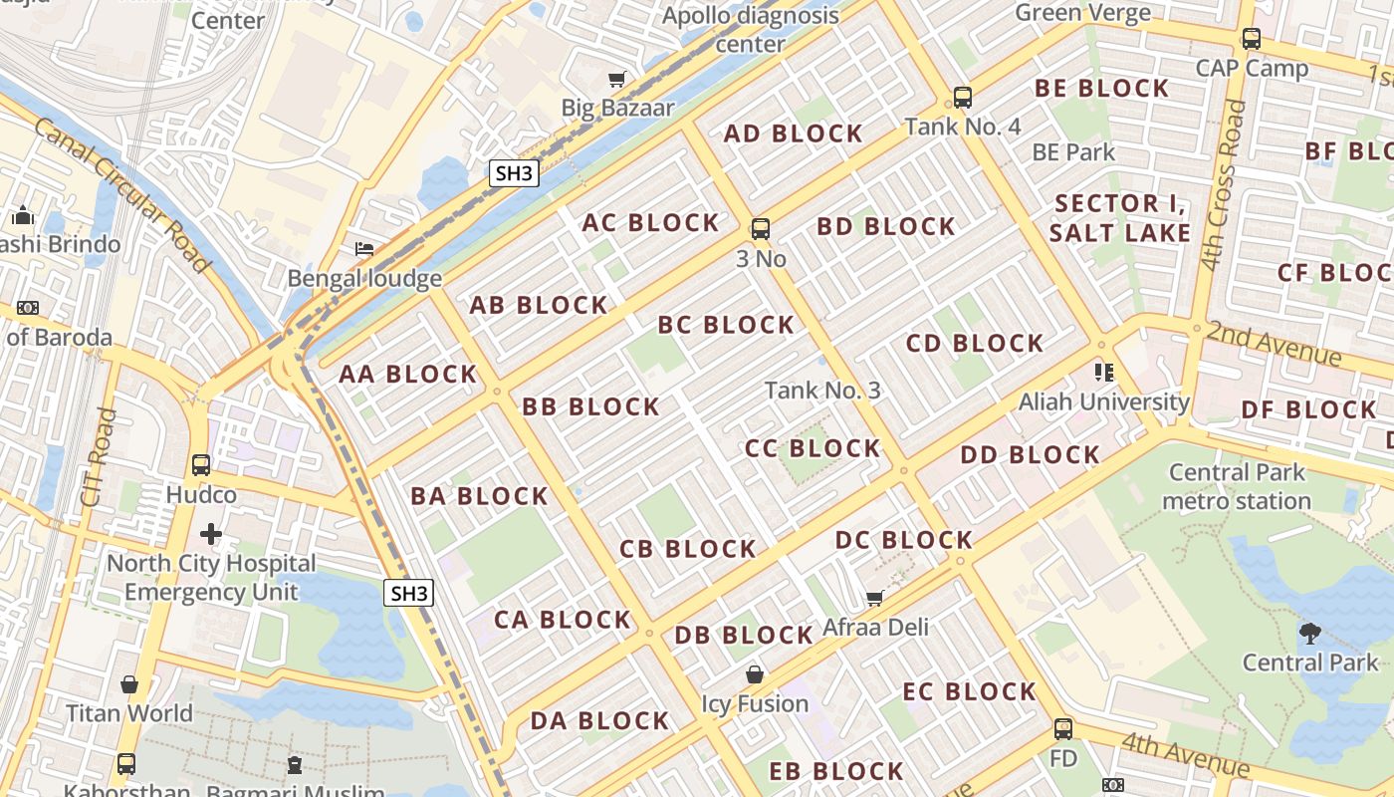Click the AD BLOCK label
pyautogui.click(x=793, y=133)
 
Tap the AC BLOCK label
pyautogui.click(x=650, y=223)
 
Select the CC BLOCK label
pyautogui.click(x=813, y=448)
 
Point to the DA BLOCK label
pyautogui.click(x=599, y=720)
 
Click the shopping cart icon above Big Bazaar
pyautogui.click(x=617, y=79)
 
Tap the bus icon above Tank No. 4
pyautogui.click(x=962, y=98)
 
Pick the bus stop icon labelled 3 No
pyautogui.click(x=761, y=229)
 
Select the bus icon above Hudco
pyautogui.click(x=201, y=465)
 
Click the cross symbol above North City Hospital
pyautogui.click(x=211, y=534)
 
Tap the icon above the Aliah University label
pyautogui.click(x=1103, y=373)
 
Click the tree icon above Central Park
pyautogui.click(x=1310, y=633)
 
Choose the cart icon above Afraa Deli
pyautogui.click(x=874, y=598)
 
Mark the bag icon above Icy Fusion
pyautogui.click(x=755, y=674)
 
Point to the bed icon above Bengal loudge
pyautogui.click(x=364, y=249)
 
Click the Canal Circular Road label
pyautogui.click(x=122, y=194)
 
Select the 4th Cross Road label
pyautogui.click(x=1223, y=185)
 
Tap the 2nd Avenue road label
pyautogui.click(x=1274, y=344)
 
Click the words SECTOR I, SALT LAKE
pyautogui.click(x=1120, y=218)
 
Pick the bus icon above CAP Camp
pyautogui.click(x=1252, y=40)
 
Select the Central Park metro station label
pyautogui.click(x=1238, y=486)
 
